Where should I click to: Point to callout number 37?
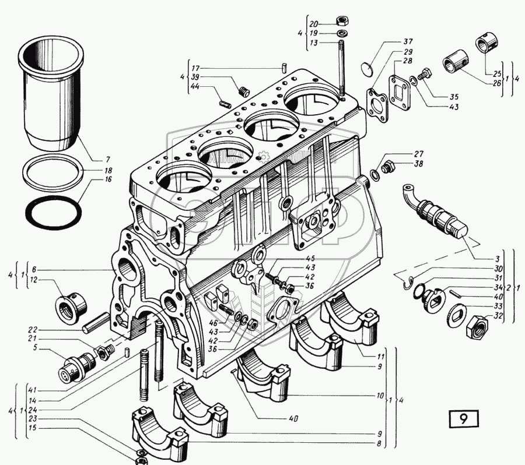(407, 41)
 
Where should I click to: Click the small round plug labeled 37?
(365, 68)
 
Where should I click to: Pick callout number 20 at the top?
(313, 24)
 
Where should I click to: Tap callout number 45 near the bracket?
(310, 258)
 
